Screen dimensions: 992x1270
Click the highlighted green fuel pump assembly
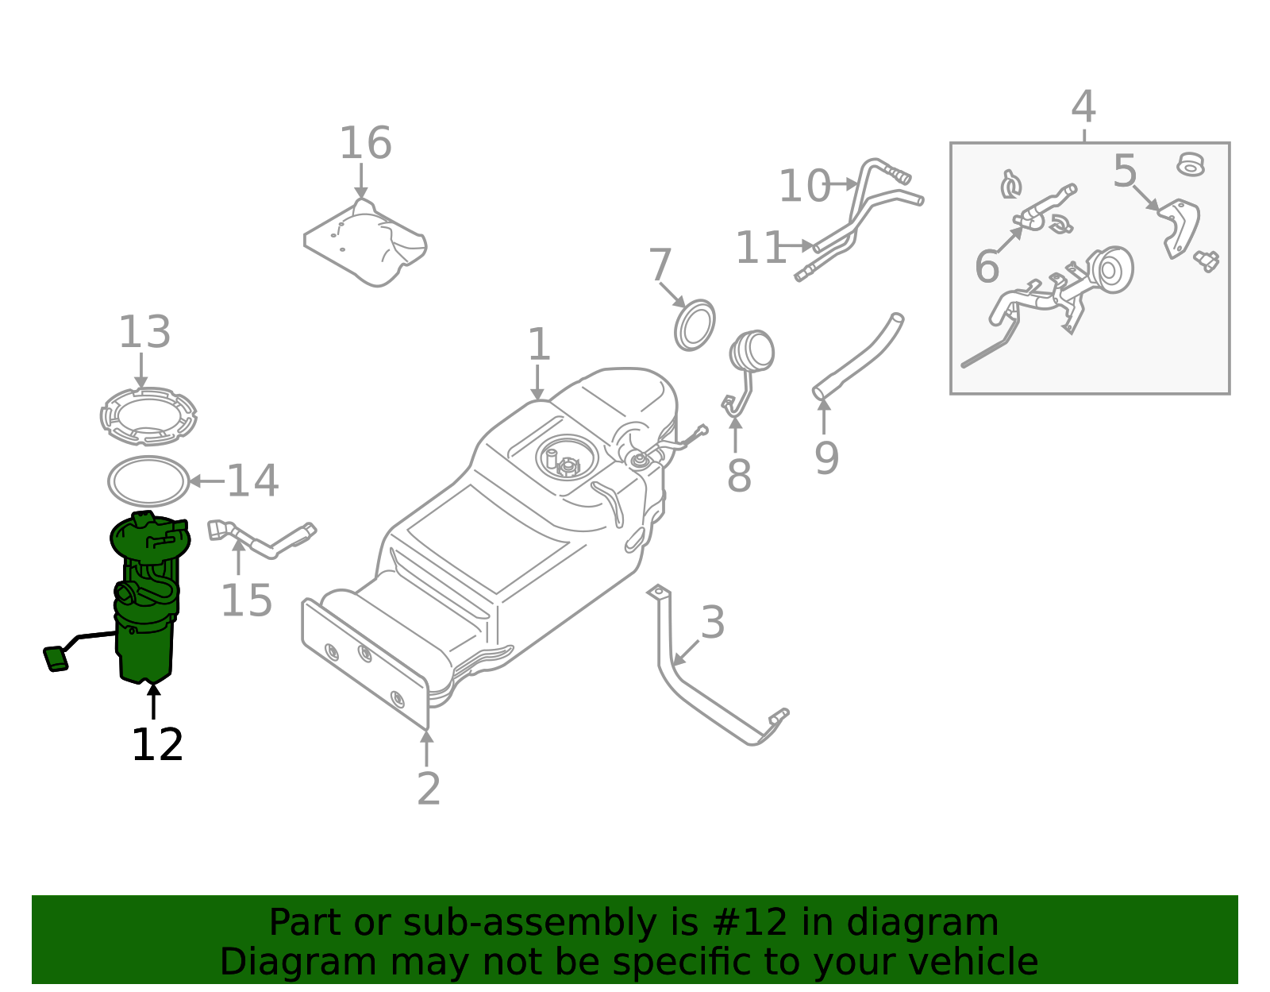tap(146, 604)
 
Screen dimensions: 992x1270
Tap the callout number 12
tap(157, 745)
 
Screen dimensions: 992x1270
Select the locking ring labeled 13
tap(148, 415)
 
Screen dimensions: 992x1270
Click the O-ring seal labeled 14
tap(148, 481)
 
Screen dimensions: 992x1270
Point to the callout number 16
tap(365, 144)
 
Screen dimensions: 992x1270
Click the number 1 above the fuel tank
tap(539, 345)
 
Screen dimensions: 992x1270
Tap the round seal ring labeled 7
tap(695, 325)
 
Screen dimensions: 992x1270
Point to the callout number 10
tap(803, 187)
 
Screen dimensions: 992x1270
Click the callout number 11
tap(760, 248)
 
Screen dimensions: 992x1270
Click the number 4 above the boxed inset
tap(1083, 106)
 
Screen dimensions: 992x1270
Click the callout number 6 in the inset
tap(987, 267)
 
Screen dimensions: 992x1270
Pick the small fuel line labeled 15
tap(262, 540)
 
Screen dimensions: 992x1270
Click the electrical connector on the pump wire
tap(56, 658)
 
